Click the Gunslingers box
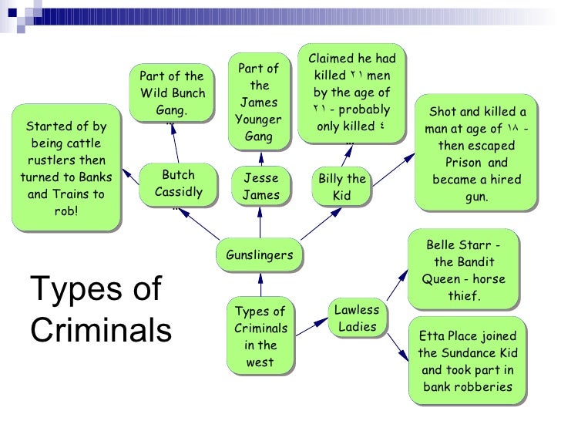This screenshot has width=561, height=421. [259, 255]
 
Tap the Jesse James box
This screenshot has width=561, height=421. [260, 186]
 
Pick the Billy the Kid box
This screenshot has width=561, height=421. [341, 187]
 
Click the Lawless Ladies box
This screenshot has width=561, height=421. [358, 318]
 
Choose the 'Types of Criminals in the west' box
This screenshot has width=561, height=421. [260, 336]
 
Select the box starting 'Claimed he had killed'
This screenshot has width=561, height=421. [351, 93]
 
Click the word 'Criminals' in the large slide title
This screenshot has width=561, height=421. [99, 329]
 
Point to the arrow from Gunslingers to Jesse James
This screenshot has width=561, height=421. [260, 224]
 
